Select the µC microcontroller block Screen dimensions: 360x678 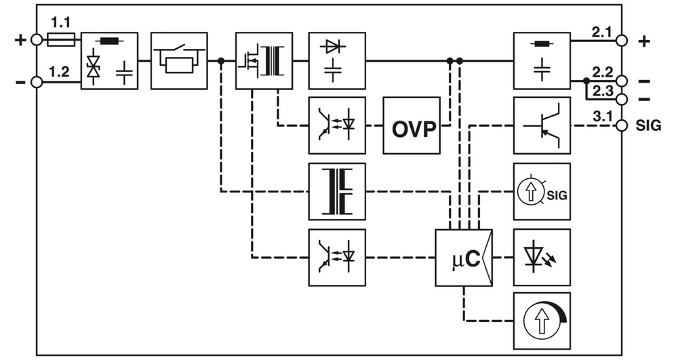click(x=464, y=258)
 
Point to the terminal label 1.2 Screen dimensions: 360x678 click(x=60, y=71)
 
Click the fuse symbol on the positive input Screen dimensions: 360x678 click(x=62, y=41)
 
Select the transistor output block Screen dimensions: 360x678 click(x=542, y=125)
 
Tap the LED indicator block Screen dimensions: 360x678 click(x=542, y=258)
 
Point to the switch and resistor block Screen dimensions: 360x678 click(x=179, y=60)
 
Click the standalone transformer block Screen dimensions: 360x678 click(x=337, y=191)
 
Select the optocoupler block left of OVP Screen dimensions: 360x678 click(x=337, y=125)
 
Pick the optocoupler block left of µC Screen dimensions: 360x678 click(x=337, y=258)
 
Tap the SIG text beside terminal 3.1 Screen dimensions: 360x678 click(x=649, y=126)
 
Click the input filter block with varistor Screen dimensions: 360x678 click(x=109, y=60)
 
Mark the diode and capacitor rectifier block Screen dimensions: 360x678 click(x=337, y=60)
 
